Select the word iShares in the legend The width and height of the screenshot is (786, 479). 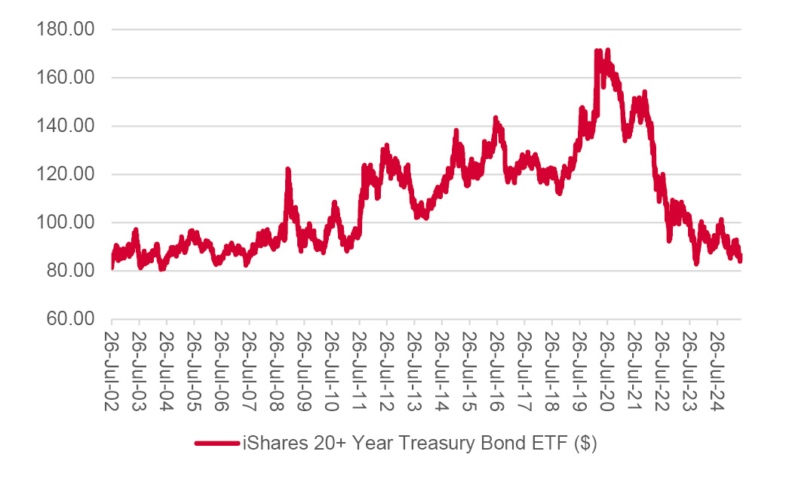[272, 444]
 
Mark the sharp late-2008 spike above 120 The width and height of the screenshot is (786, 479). [287, 170]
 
